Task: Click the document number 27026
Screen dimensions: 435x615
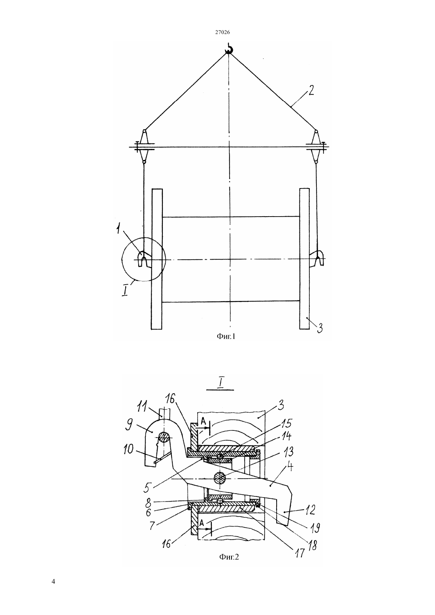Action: coord(222,32)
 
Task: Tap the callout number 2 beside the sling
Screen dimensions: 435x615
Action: coord(311,91)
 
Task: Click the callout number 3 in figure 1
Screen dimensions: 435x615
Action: coord(320,328)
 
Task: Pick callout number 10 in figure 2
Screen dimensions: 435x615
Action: coord(128,449)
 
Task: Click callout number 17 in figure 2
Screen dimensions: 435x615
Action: coord(300,552)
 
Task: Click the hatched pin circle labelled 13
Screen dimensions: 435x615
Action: coord(220,478)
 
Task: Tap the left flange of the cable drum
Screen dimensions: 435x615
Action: coord(157,258)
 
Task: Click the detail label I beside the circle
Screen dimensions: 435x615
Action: coord(125,291)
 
